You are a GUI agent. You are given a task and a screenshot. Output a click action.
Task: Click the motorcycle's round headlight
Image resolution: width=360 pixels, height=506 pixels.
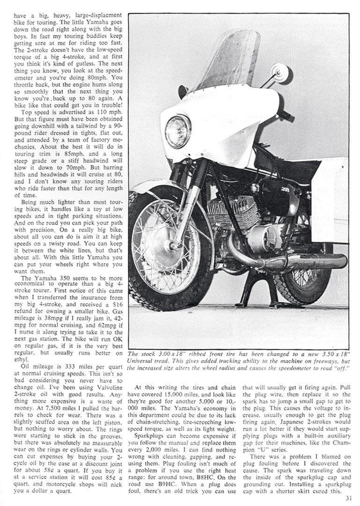[178, 131]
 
